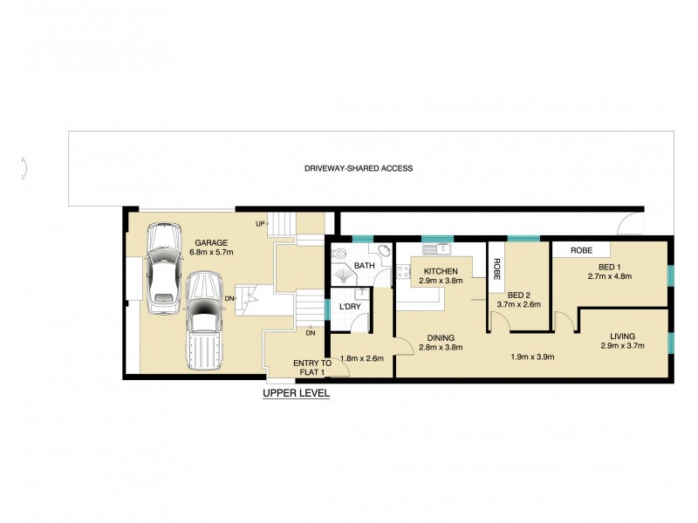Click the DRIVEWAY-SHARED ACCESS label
359,168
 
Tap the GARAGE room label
211,243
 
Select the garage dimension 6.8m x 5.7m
211,252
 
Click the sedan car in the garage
164,268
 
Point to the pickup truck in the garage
203,320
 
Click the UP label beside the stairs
260,224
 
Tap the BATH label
364,266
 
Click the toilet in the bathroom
339,254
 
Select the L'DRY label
350,307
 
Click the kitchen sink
437,248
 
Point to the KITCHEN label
441,271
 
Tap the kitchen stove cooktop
403,271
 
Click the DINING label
441,338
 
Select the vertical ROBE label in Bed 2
496,269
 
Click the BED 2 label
518,295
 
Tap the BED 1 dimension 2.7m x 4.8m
610,276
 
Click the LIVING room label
622,336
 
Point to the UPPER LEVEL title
296,393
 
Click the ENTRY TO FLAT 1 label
312,368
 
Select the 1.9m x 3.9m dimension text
532,357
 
